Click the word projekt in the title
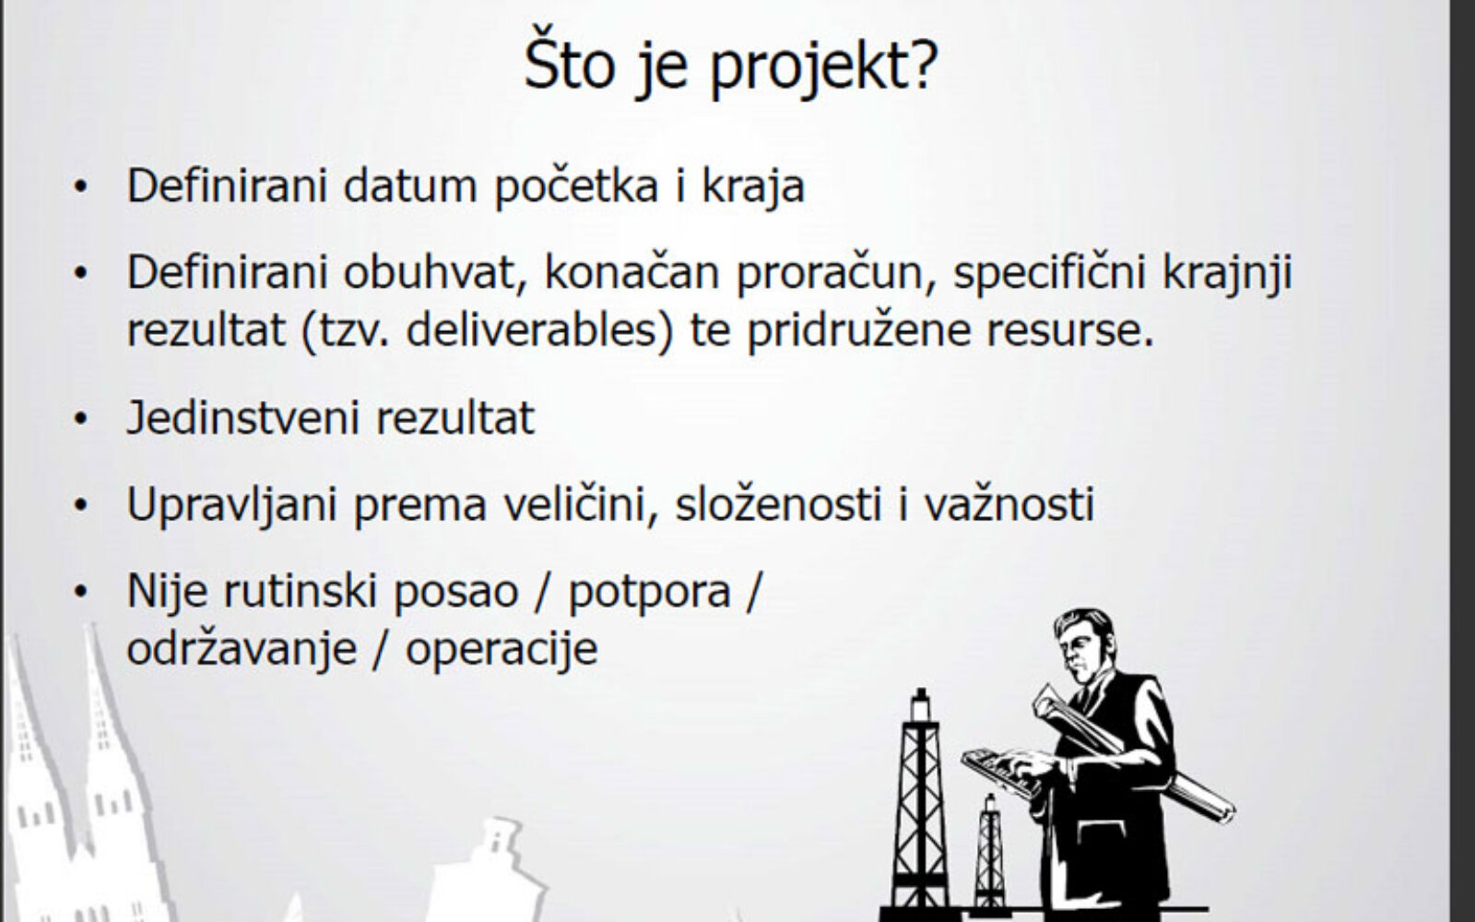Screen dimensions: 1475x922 (823, 67)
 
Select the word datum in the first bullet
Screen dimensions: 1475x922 (409, 185)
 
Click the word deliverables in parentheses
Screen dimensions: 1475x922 (533, 329)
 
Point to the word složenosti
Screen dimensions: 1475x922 (778, 503)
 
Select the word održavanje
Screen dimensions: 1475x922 (242, 649)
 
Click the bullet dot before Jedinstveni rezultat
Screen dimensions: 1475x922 (80, 420)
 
